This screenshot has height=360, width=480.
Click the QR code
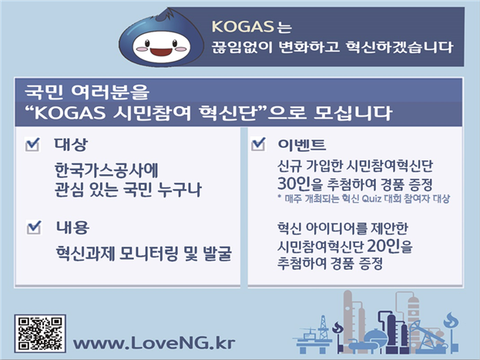[40, 333]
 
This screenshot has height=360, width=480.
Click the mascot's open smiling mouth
[162, 51]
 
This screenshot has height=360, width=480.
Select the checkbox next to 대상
[32, 144]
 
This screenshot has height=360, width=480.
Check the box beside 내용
[34, 227]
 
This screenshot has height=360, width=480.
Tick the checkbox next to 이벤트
[258, 143]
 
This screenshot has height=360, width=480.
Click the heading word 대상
[71, 144]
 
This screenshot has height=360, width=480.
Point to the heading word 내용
[72, 227]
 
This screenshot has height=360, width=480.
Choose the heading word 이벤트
[301, 144]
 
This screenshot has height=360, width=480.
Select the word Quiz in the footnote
[371, 199]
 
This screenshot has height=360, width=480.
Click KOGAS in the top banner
[243, 27]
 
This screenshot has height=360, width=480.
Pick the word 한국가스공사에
[106, 170]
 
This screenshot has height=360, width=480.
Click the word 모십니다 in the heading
[353, 113]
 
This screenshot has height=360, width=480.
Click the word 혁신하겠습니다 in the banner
[399, 47]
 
